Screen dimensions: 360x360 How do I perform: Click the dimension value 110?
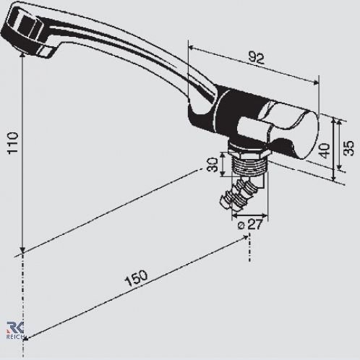[x=13, y=142]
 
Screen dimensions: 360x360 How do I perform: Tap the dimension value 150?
[x=136, y=278]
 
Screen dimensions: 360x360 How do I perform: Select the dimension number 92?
[x=257, y=58]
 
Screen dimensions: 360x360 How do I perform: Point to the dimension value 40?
[x=325, y=150]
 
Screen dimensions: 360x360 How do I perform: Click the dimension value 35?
[x=348, y=148]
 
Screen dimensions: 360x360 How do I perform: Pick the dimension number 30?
[x=213, y=165]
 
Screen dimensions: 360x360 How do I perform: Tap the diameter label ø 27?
[x=249, y=225]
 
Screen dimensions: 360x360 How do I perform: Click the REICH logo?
[x=15, y=330]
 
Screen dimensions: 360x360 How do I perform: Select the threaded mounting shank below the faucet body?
[x=249, y=164]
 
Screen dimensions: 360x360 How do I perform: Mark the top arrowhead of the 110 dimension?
[x=22, y=56]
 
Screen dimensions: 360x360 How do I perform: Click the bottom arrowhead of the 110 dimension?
[x=22, y=251]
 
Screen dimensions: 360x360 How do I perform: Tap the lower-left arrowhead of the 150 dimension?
[x=26, y=338]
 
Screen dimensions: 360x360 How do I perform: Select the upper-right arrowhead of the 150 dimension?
[x=246, y=238]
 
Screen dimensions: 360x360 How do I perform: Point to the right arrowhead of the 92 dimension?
[x=316, y=82]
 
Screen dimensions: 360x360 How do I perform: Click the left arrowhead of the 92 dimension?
[x=191, y=48]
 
